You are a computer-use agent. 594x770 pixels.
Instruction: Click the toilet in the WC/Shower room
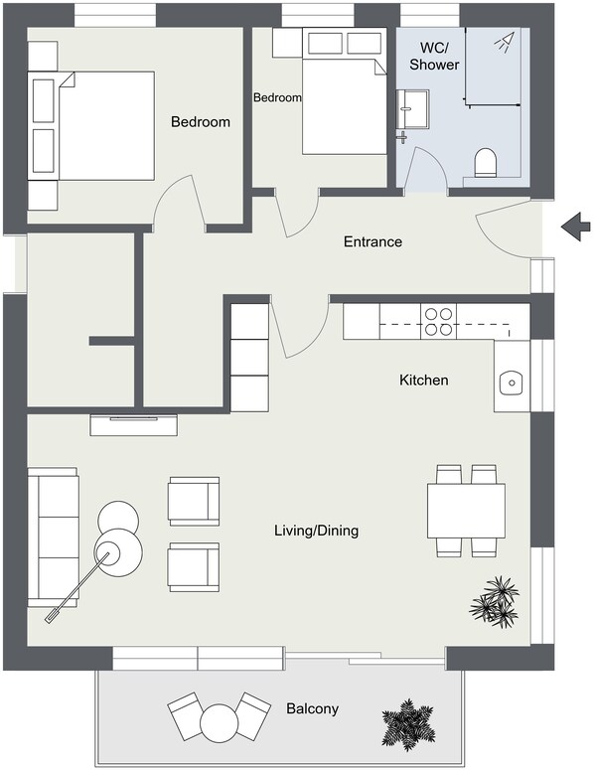pos(486,164)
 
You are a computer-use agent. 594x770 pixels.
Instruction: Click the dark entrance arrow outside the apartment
pos(575,228)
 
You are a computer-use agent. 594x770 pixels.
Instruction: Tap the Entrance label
pos(372,242)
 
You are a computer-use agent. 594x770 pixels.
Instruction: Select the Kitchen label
pos(424,381)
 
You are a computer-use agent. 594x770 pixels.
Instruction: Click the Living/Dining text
pos(316,532)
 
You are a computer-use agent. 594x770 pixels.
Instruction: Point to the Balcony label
pos(312,709)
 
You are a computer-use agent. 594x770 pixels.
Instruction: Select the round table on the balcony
pos(218,718)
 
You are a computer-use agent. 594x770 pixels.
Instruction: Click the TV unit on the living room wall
pos(135,424)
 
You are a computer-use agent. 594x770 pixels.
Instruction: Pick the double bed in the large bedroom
pos(104,126)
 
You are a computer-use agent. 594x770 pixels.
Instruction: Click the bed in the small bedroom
pos(342,103)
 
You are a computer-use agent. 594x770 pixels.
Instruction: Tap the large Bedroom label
pos(200,123)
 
